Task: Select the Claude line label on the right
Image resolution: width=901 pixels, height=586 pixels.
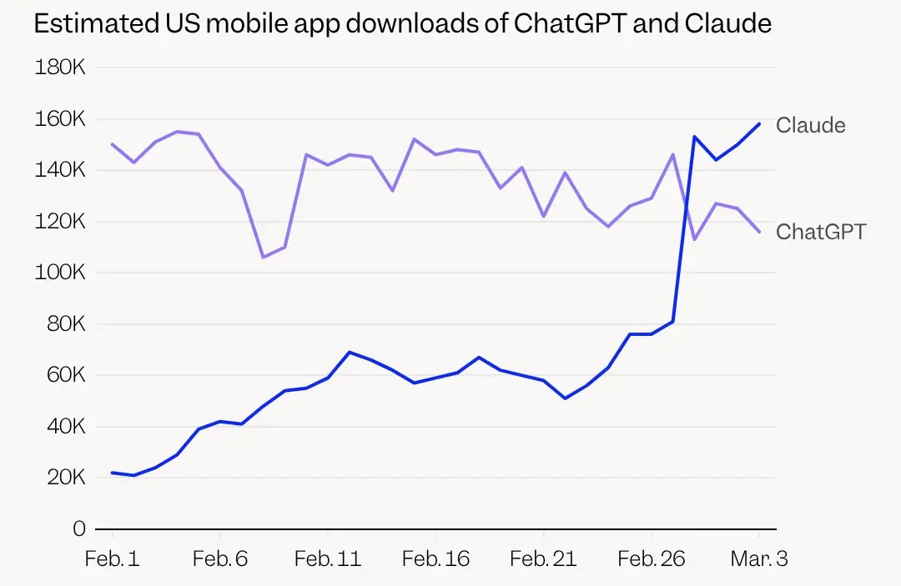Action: pyautogui.click(x=810, y=125)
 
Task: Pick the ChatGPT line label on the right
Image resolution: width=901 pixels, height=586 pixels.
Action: pyautogui.click(x=821, y=231)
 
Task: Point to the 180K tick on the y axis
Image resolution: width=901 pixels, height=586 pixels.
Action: pyautogui.click(x=60, y=68)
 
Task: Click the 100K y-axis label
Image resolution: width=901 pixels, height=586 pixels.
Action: pyautogui.click(x=60, y=273)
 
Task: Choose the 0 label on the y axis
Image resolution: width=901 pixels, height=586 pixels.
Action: pyautogui.click(x=79, y=528)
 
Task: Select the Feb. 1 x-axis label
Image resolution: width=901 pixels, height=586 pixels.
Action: pyautogui.click(x=112, y=558)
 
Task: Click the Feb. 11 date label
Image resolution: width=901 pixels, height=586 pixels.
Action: pyautogui.click(x=328, y=558)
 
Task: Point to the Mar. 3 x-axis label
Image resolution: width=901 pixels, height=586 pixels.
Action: pyautogui.click(x=758, y=558)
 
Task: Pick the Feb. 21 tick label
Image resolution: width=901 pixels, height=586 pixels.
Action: pyautogui.click(x=543, y=558)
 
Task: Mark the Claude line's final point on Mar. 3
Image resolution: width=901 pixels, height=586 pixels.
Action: pyautogui.click(x=759, y=123)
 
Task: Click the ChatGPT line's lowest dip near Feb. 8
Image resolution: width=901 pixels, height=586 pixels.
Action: pyautogui.click(x=263, y=257)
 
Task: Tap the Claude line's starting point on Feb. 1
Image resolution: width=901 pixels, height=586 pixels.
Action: pyautogui.click(x=112, y=473)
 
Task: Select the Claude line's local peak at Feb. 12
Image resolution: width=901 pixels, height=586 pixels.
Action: pyautogui.click(x=350, y=352)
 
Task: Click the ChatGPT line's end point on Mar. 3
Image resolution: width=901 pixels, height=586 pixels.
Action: pyautogui.click(x=759, y=232)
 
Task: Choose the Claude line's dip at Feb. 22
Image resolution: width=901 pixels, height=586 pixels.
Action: pyautogui.click(x=566, y=398)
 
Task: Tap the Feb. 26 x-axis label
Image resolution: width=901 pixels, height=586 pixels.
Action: pyautogui.click(x=651, y=558)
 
